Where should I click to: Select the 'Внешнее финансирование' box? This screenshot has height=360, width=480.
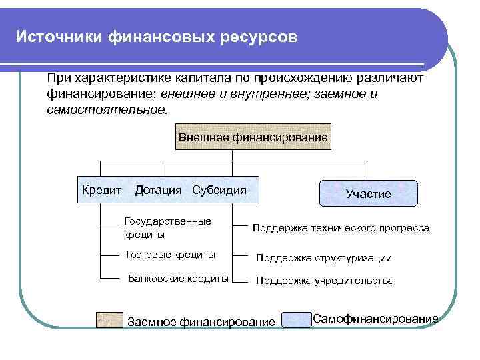pyautogui.click(x=253, y=137)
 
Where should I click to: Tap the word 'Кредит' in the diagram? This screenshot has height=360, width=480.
pyautogui.click(x=101, y=190)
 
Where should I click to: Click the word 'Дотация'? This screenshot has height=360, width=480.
pyautogui.click(x=158, y=190)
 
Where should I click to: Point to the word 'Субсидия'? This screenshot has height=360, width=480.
pyautogui.click(x=219, y=190)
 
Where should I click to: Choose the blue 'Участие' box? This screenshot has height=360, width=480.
pyautogui.click(x=369, y=193)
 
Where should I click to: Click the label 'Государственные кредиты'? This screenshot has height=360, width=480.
pyautogui.click(x=167, y=228)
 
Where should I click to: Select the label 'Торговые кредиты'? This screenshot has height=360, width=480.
pyautogui.click(x=170, y=255)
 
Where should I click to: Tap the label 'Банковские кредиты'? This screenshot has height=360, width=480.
pyautogui.click(x=178, y=279)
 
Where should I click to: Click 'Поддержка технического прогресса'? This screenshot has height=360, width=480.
pyautogui.click(x=341, y=228)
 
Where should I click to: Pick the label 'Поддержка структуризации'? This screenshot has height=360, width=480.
pyautogui.click(x=324, y=258)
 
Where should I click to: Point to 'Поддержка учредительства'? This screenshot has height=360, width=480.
pyautogui.click(x=325, y=281)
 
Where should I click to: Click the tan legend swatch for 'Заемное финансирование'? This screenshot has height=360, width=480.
pyautogui.click(x=109, y=320)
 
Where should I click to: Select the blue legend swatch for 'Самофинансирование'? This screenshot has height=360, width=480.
pyautogui.click(x=297, y=320)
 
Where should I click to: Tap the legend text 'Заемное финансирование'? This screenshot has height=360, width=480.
pyautogui.click(x=201, y=322)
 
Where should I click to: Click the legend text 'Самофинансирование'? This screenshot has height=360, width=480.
pyautogui.click(x=375, y=318)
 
